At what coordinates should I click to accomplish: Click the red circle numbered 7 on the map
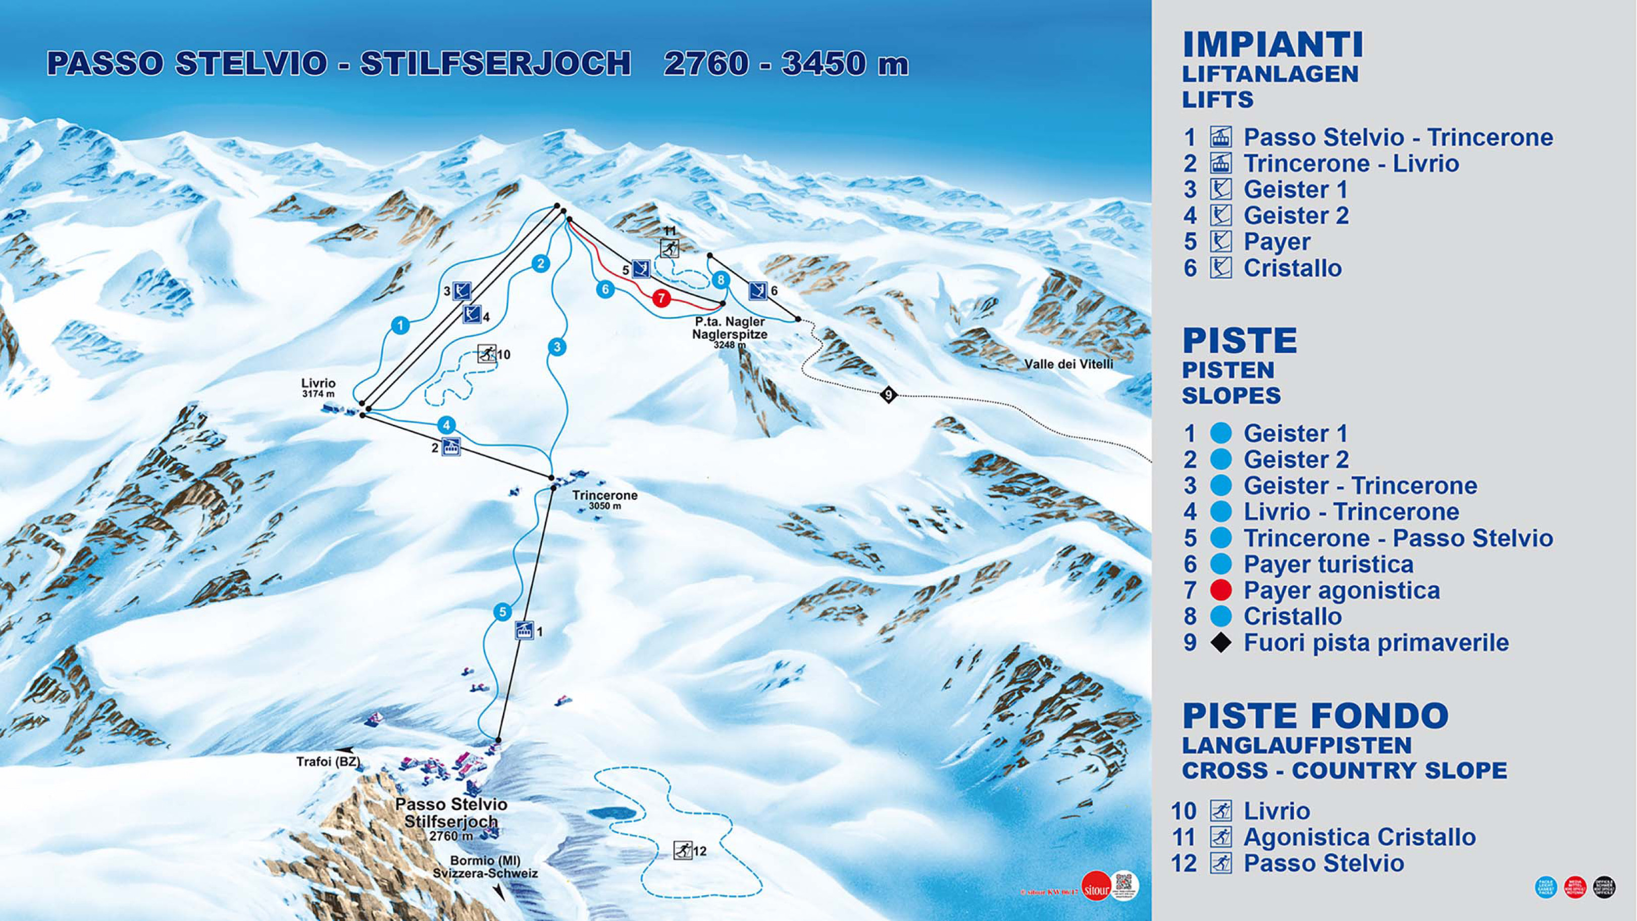[x=661, y=297]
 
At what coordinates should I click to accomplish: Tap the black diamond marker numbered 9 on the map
[x=888, y=395]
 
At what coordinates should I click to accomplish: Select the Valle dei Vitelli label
[x=1068, y=364]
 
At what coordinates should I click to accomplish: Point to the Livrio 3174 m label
[x=319, y=388]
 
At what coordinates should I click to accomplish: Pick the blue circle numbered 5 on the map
[x=502, y=612]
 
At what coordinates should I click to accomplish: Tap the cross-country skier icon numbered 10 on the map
[x=487, y=353]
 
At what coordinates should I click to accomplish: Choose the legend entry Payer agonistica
[x=1341, y=590]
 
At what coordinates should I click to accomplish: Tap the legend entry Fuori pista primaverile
[x=1376, y=643]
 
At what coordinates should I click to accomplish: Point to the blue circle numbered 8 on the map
[x=720, y=280]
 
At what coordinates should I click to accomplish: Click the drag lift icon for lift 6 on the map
[x=757, y=290]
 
